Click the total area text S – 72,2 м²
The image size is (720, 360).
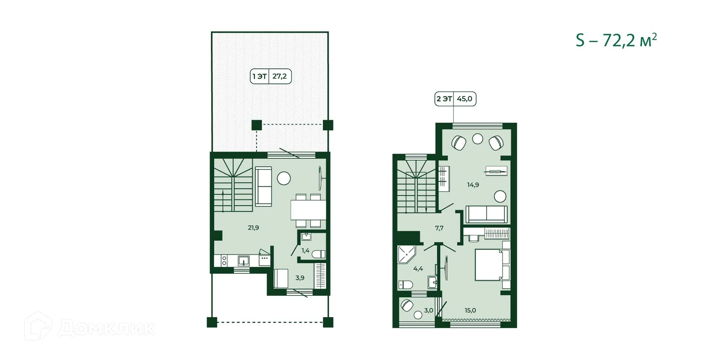(616, 40)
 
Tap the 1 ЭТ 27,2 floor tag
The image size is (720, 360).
(271, 76)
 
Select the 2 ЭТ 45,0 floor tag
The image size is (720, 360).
(455, 99)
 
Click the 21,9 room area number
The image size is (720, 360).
(253, 228)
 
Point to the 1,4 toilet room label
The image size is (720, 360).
(305, 250)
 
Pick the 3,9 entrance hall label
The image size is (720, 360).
(300, 278)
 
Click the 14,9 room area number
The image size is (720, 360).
(472, 184)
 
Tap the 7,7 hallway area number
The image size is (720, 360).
(439, 228)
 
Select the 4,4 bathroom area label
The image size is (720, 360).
(418, 268)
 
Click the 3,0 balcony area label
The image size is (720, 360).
(428, 310)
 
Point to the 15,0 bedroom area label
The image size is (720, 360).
(470, 310)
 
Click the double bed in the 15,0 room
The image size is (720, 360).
(489, 265)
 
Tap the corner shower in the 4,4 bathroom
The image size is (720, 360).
(406, 255)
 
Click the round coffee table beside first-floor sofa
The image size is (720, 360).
(284, 178)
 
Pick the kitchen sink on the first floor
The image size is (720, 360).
(244, 260)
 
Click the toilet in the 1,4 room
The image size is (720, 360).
(319, 254)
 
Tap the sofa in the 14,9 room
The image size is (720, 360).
(486, 214)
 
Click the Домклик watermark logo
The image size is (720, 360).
(90, 327)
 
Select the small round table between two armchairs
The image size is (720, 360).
(477, 139)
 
